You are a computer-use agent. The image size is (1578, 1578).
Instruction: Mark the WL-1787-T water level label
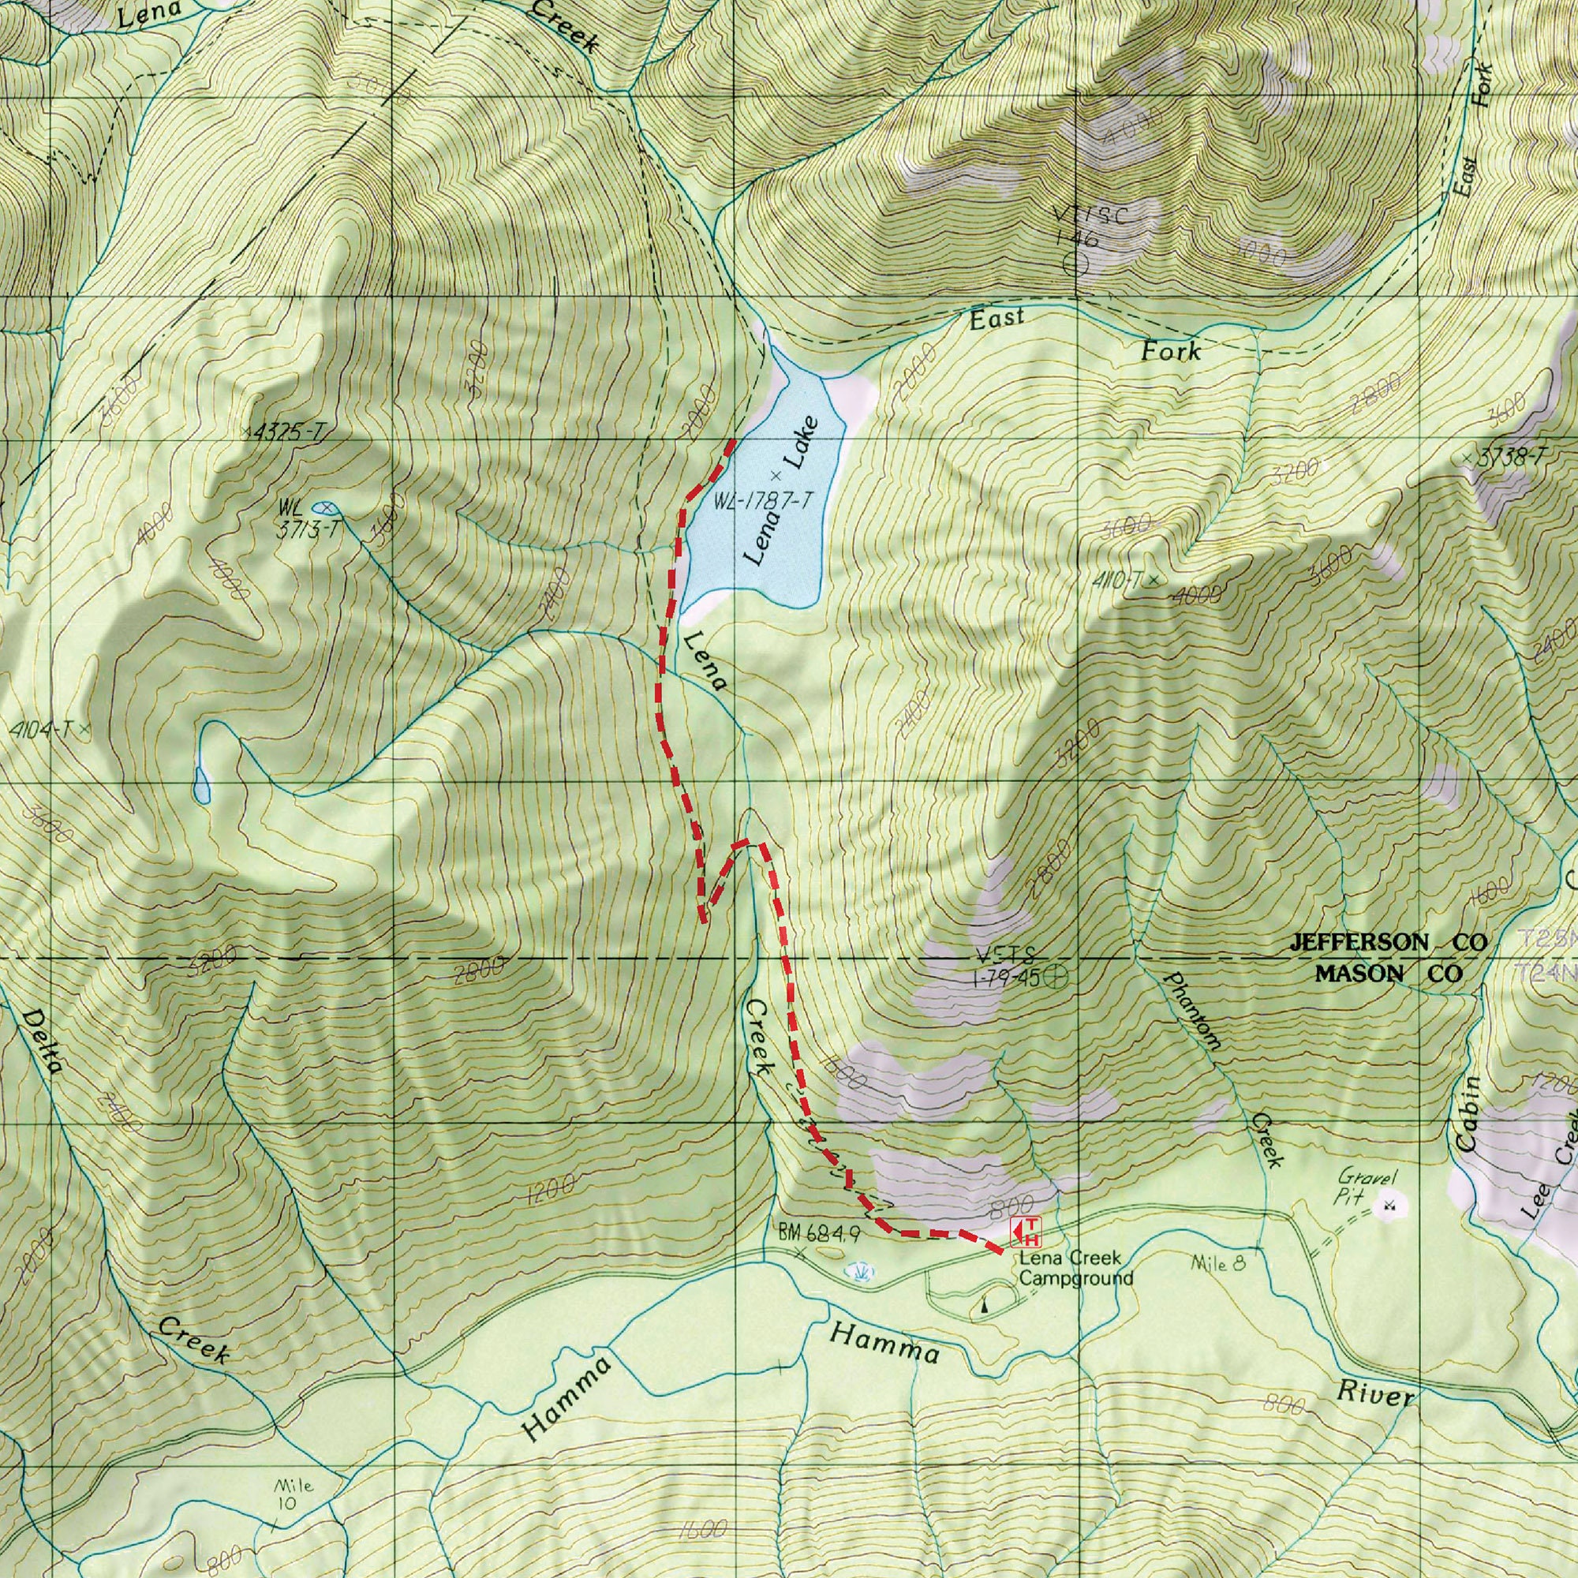(764, 502)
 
